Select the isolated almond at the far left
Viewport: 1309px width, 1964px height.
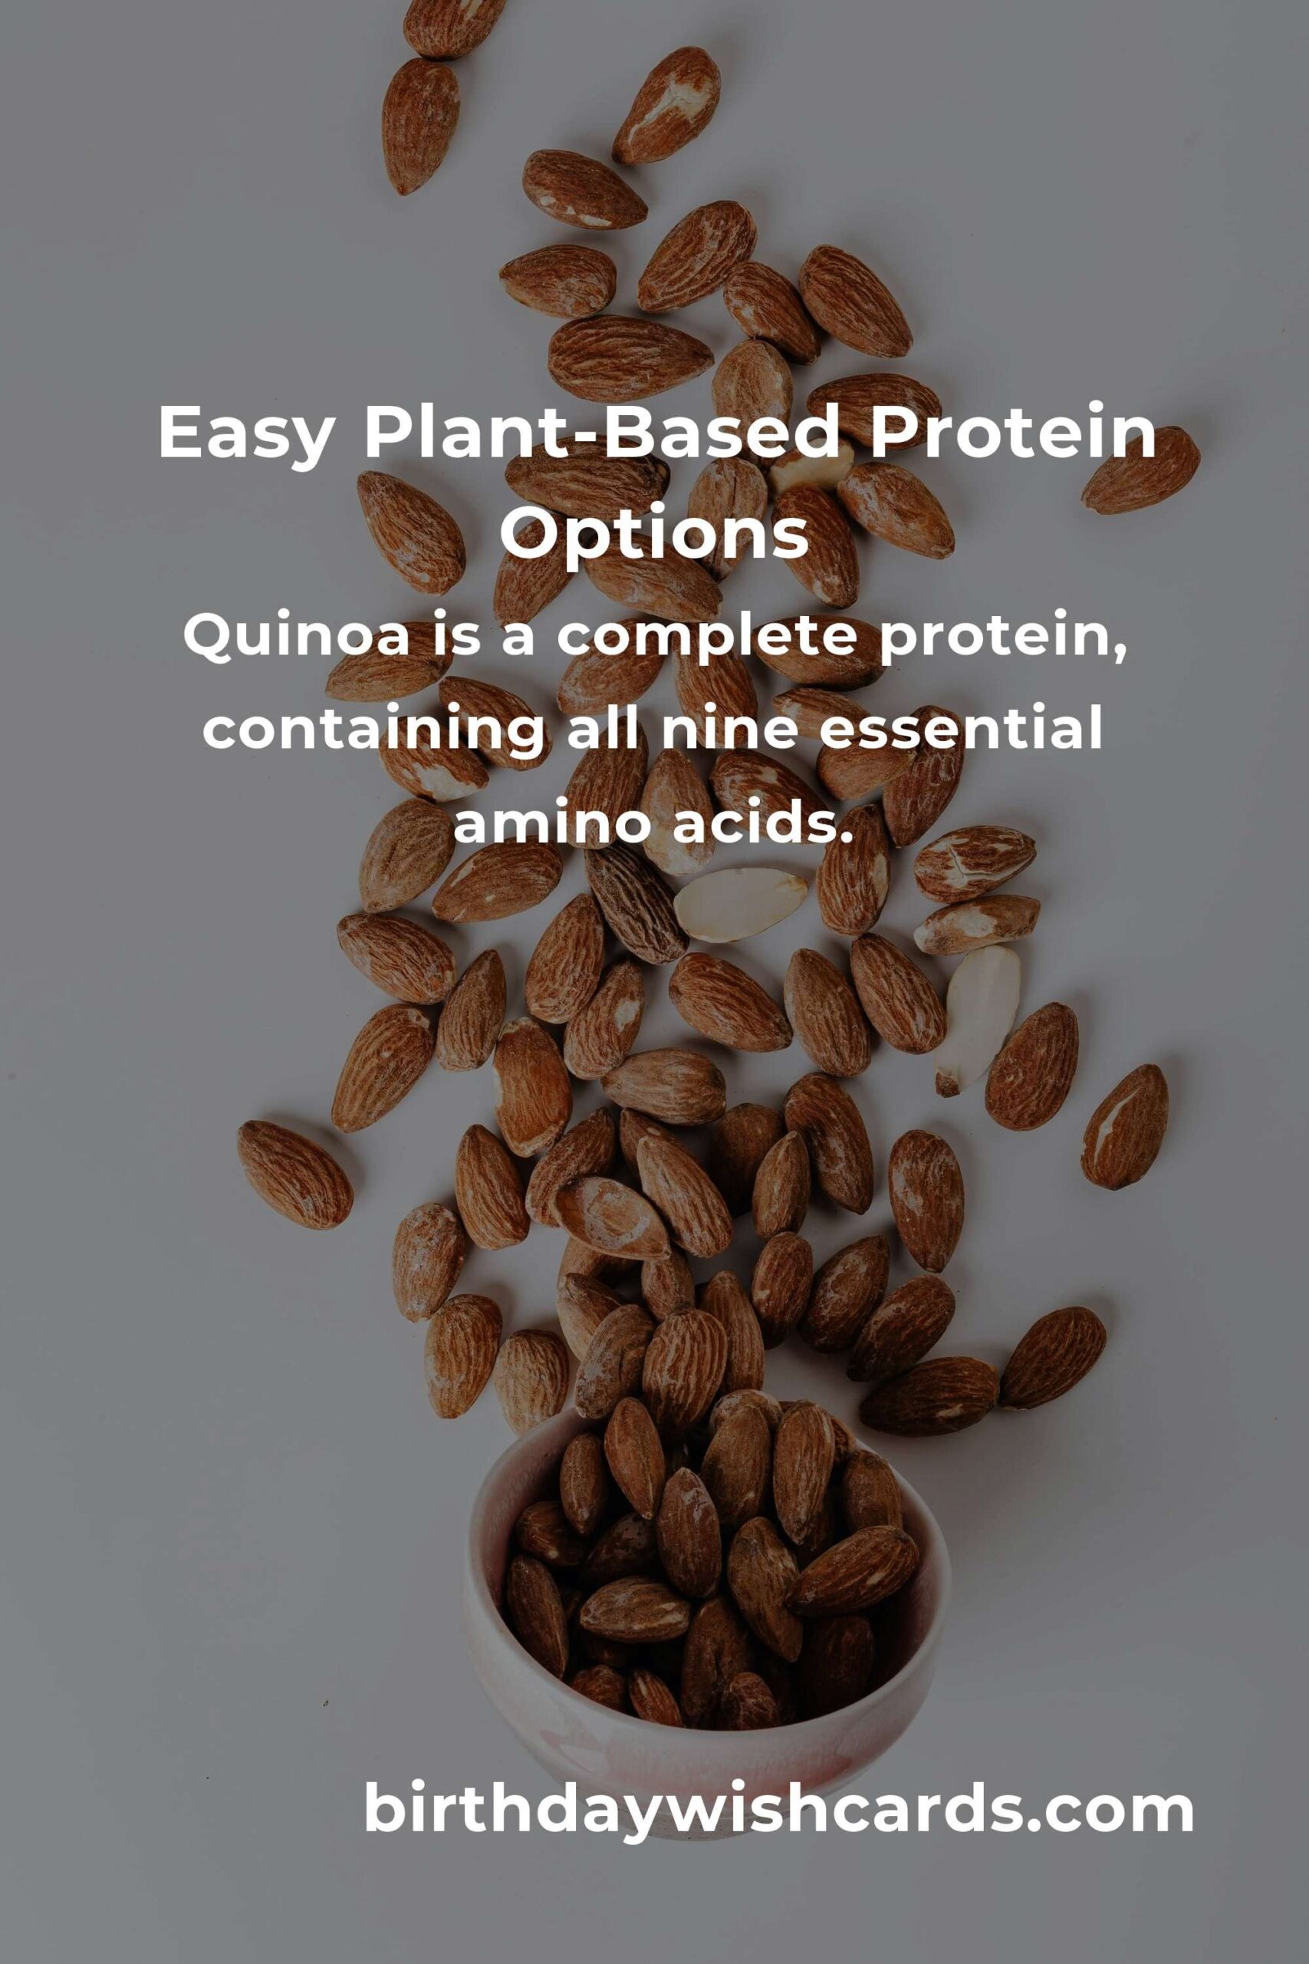pyautogui.click(x=294, y=1175)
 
